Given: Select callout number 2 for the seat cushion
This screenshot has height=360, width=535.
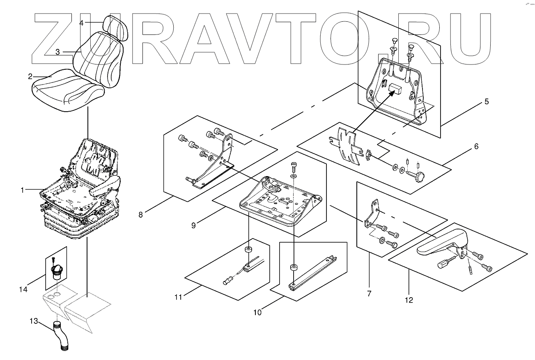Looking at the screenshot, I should click(x=30, y=76).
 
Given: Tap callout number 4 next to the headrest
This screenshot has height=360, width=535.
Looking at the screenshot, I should click(x=81, y=23).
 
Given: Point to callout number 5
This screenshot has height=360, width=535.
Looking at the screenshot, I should click(x=487, y=102).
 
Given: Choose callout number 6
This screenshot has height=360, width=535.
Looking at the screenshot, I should click(x=476, y=147).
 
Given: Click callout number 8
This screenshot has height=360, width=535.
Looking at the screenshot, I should click(x=141, y=214).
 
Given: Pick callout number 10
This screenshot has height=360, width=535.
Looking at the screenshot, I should click(x=257, y=312).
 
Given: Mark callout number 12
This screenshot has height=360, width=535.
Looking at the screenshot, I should click(x=409, y=300).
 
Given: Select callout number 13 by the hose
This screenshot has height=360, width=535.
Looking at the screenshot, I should click(x=34, y=321).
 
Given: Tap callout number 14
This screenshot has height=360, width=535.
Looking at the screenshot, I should click(x=23, y=289).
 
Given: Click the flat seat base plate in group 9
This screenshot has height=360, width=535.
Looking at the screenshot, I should click(x=279, y=201).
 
